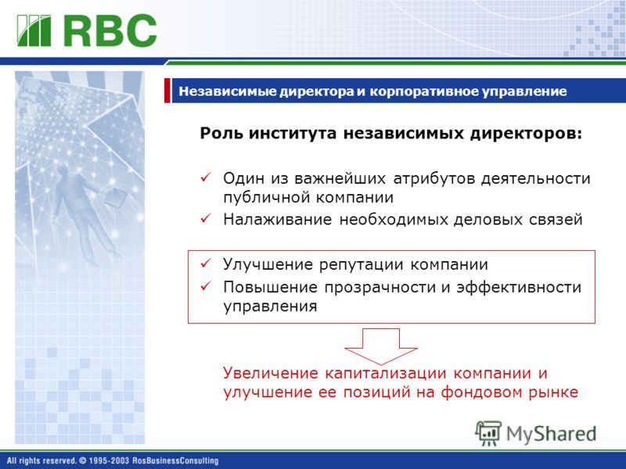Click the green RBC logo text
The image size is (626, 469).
coord(110,30)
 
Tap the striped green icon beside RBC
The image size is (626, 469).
coord(34,30)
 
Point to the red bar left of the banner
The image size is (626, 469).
coord(167,91)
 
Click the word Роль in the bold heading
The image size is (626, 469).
coord(221,133)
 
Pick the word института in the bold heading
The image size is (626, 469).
coord(293,133)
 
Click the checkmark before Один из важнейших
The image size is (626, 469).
coord(206,177)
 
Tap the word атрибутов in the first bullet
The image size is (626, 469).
coord(434,178)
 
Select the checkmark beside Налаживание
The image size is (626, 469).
coord(206,218)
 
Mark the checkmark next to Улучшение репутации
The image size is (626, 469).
coord(206,263)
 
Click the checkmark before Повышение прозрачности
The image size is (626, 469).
coord(206,285)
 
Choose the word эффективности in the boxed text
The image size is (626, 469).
coord(519,287)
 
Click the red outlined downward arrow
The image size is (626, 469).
coord(381,346)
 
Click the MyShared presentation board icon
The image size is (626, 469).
coord(487,433)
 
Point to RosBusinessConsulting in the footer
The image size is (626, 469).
coord(175,460)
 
